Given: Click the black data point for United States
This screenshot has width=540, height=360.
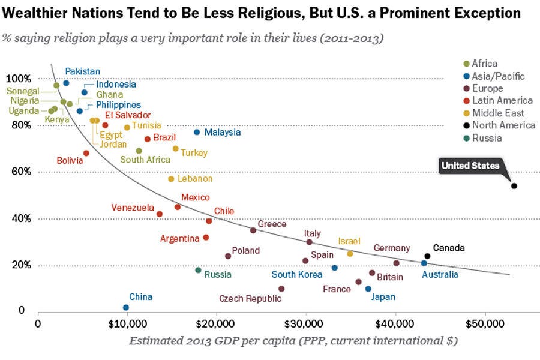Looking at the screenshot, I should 514,186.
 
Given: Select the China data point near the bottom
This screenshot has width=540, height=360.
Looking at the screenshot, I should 126,307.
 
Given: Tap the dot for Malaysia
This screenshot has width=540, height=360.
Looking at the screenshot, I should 196,132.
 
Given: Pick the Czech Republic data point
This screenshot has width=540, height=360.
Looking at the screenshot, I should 281,289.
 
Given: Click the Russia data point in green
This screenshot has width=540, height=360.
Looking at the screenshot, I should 198,270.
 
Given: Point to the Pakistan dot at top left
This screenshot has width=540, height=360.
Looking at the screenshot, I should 66,83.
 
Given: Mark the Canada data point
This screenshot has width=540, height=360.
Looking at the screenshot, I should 427,256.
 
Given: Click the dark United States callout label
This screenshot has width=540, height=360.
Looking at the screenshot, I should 470,166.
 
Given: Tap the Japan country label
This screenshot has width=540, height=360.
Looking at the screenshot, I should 383,296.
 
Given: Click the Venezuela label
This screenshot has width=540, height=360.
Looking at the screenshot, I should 133,208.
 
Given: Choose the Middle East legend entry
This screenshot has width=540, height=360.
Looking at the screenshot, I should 497,113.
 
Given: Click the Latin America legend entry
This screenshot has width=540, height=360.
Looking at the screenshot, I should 502,100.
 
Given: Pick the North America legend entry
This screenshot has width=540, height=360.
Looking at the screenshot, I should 503,125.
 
